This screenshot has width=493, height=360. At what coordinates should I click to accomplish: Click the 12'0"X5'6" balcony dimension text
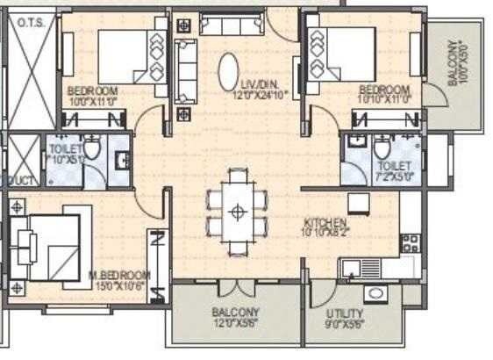(x=236, y=323)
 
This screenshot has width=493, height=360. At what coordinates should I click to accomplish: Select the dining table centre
(x=236, y=211)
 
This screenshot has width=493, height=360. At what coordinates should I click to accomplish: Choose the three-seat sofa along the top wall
(x=231, y=25)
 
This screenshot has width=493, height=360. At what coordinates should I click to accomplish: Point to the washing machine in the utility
(x=375, y=293)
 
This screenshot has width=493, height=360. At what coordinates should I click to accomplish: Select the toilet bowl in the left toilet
(x=93, y=148)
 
